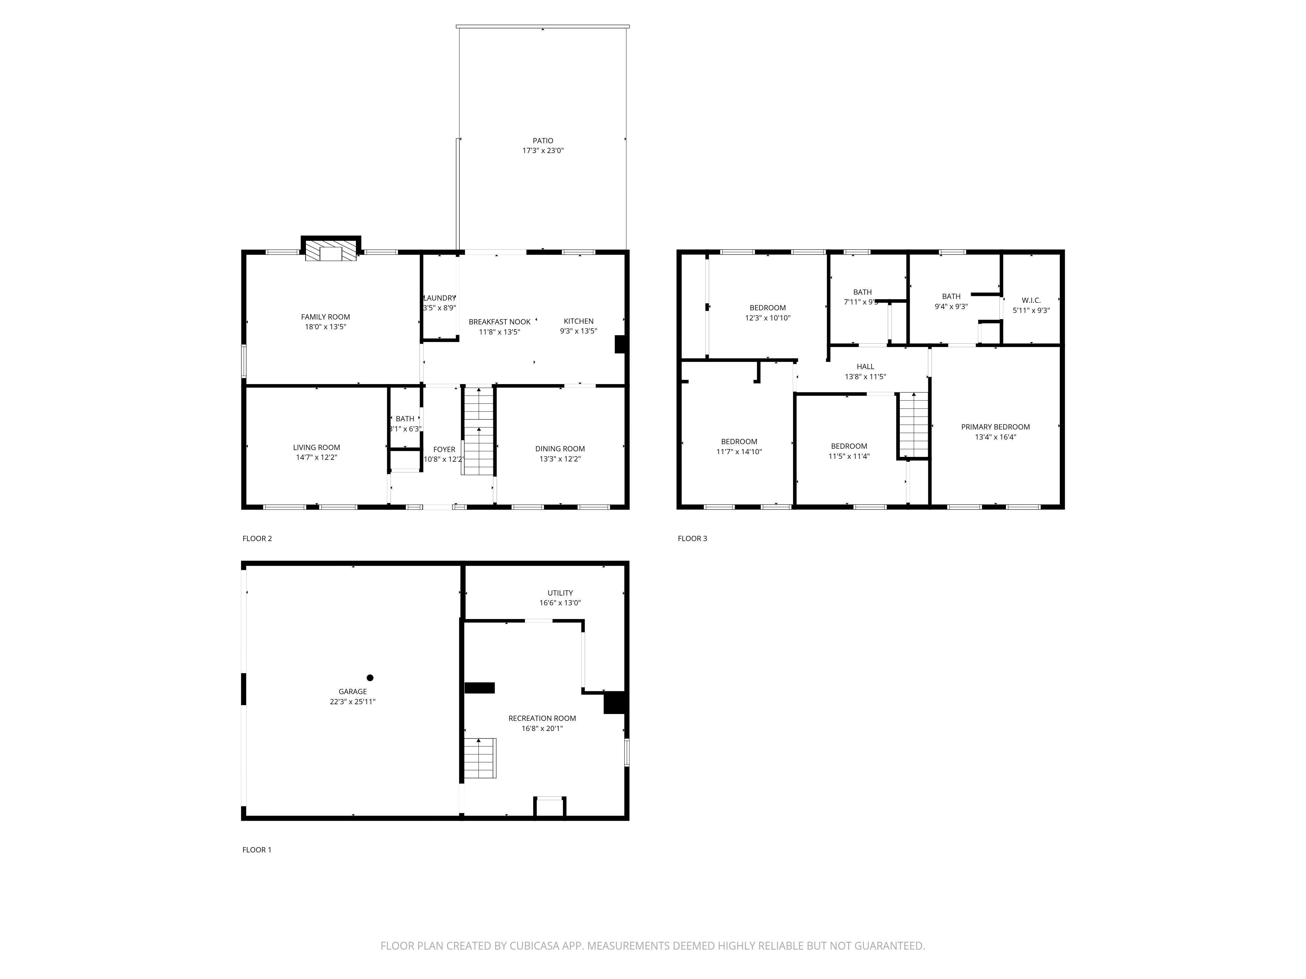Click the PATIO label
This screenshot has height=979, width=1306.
click(543, 140)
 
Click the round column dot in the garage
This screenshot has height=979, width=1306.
click(370, 677)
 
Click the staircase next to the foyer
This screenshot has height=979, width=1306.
click(478, 431)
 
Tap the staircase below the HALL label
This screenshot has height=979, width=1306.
click(913, 425)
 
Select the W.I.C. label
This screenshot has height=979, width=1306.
click(1031, 300)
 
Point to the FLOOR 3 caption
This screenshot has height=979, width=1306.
click(692, 538)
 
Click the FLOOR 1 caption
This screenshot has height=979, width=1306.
click(257, 850)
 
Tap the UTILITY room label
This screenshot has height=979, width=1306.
click(560, 593)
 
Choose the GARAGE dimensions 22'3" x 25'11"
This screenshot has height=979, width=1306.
click(353, 702)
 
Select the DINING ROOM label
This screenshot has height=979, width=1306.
click(560, 448)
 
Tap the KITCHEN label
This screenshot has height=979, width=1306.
click(578, 321)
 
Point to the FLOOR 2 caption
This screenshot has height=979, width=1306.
click(257, 538)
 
